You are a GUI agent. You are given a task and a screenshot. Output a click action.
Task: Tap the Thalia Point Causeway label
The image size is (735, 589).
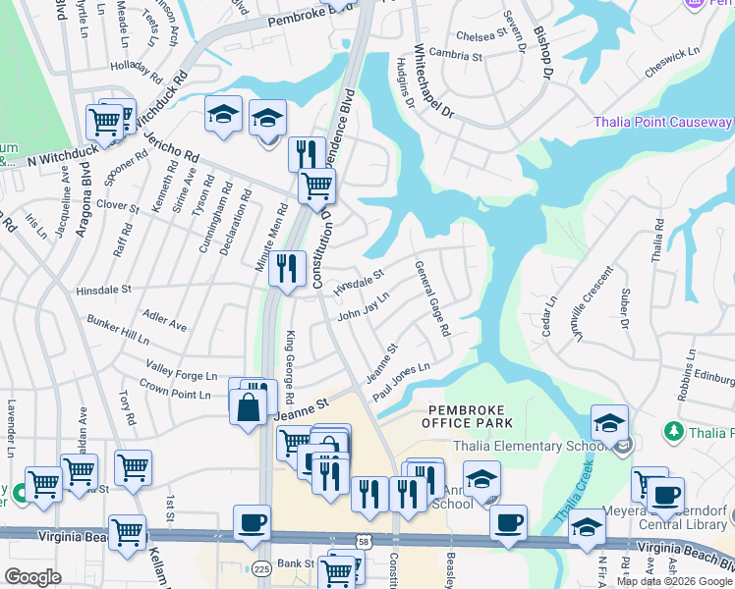662,123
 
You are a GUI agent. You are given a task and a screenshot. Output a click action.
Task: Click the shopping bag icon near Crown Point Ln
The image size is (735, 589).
249,407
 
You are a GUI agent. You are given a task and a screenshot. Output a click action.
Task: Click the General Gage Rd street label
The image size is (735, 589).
432,298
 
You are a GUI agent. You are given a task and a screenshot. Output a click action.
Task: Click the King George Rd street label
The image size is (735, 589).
289,368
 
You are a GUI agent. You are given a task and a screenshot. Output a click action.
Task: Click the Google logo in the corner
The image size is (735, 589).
32,577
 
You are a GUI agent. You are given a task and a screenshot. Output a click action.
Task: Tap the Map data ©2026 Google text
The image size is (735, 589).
674,581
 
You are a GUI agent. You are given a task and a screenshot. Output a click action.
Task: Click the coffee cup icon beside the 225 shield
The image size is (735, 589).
253,522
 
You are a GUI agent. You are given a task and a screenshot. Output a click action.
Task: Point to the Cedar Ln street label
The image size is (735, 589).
549,316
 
